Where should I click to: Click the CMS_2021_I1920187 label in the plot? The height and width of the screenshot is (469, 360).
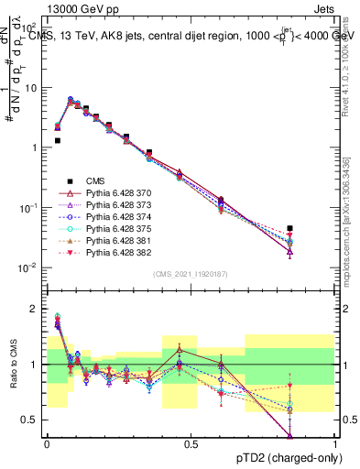pyautogui.click(x=191, y=273)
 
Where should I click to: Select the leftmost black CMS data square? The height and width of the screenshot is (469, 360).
pyautogui.click(x=57, y=141)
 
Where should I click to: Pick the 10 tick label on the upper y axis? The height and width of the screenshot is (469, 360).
pyautogui.click(x=32, y=88)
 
